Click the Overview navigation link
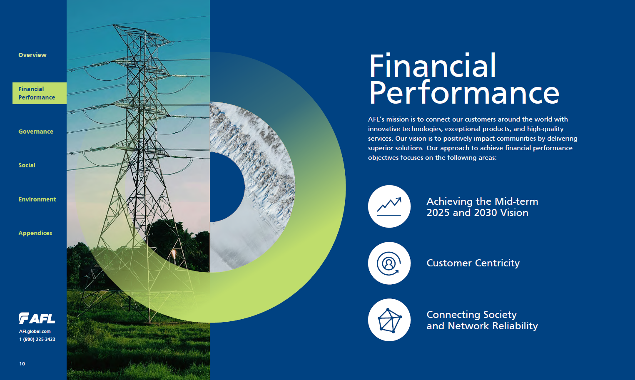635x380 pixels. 32,55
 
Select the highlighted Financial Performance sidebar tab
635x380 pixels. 40,93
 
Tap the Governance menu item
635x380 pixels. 36,132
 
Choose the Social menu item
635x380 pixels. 27,165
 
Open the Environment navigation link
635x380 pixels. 37,199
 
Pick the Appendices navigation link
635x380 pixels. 35,233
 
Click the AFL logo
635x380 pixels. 37,318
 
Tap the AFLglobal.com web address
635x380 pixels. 35,331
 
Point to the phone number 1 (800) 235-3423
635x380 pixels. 37,339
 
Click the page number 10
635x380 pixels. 22,364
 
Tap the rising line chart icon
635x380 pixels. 389,206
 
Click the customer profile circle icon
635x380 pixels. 389,263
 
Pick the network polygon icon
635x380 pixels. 389,320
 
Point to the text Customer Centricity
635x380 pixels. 473,263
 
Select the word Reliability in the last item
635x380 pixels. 515,326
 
